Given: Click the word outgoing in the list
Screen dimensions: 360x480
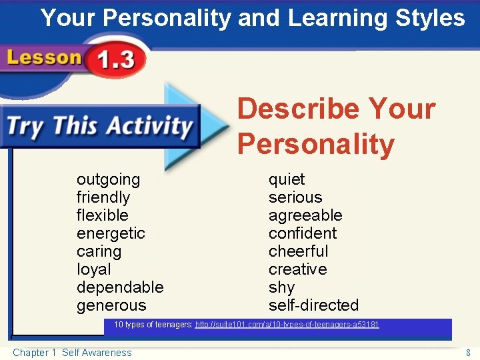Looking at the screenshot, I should click(x=108, y=180).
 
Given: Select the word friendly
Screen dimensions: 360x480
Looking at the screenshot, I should click(x=103, y=198).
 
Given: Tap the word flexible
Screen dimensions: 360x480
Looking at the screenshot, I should click(x=102, y=215).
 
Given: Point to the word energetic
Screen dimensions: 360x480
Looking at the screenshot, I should click(x=111, y=233).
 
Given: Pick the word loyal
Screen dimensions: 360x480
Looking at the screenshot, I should click(x=93, y=269).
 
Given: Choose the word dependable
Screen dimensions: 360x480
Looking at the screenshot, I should click(x=120, y=287).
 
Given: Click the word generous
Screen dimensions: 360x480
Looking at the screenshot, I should click(x=111, y=305).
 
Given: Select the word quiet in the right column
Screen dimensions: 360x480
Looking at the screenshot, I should click(x=287, y=180).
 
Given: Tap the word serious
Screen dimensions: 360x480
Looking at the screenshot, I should click(x=295, y=198).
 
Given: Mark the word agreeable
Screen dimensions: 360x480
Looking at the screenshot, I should click(x=305, y=215).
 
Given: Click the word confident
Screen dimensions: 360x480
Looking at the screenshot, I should click(x=303, y=233).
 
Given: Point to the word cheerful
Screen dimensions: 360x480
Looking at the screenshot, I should click(x=299, y=251).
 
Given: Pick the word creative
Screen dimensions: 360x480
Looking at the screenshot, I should click(x=297, y=269).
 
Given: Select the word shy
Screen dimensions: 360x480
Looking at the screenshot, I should click(x=281, y=287).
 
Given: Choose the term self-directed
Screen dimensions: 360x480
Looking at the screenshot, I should click(x=313, y=305).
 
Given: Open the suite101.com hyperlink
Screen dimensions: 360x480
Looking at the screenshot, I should click(x=287, y=325).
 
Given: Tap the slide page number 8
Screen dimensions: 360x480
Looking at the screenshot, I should click(x=469, y=353).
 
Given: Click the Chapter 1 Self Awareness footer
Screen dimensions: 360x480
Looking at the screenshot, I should click(x=72, y=353).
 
